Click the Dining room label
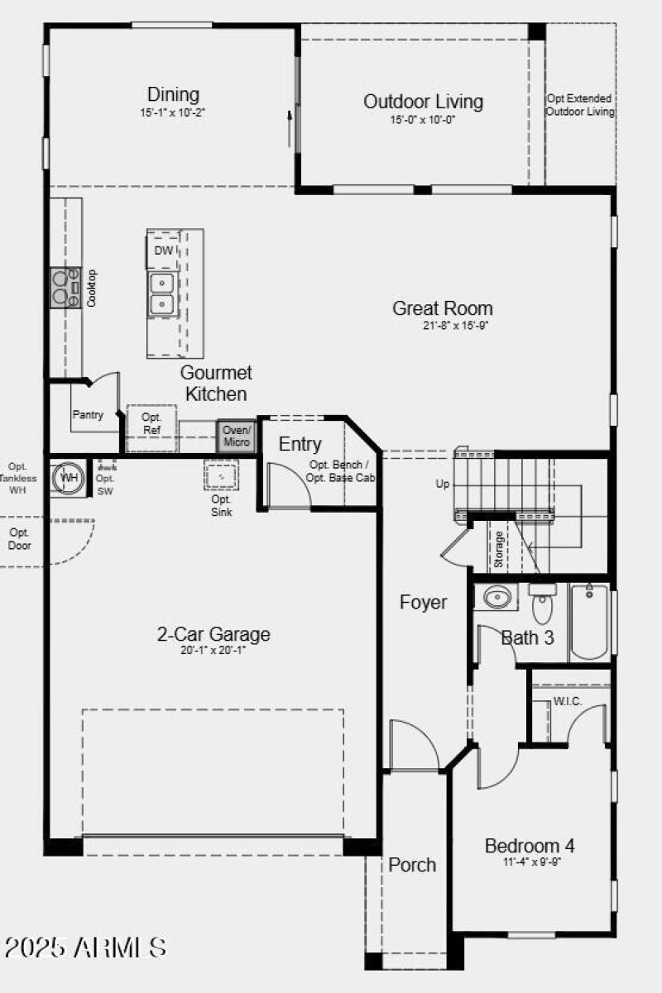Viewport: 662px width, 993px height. click(173, 93)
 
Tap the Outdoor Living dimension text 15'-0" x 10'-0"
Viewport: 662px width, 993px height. click(423, 120)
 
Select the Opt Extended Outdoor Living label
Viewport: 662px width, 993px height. click(580, 105)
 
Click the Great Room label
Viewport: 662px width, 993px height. click(442, 308)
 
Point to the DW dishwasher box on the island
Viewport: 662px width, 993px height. click(164, 250)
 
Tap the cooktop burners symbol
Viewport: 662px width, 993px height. click(62, 287)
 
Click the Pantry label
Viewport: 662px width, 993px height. click(88, 415)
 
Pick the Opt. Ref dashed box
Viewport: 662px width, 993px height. click(151, 424)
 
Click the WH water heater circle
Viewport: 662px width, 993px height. click(68, 478)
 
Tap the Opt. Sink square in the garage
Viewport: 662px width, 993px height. click(221, 477)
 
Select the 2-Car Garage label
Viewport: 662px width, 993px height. click(213, 635)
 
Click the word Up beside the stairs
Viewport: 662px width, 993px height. click(443, 484)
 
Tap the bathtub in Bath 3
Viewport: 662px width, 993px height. click(589, 621)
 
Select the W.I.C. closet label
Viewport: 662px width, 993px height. click(568, 701)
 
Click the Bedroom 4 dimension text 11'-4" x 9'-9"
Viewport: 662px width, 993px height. click(530, 862)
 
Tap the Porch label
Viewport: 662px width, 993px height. click(412, 865)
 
